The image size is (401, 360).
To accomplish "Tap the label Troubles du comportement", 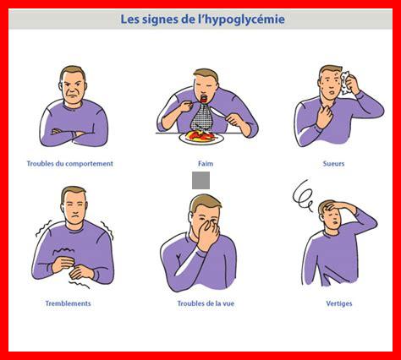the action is point(70,164).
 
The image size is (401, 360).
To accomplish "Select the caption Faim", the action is point(206,164).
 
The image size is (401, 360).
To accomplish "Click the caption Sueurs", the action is point(333,164).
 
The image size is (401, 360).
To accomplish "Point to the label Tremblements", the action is point(68,303).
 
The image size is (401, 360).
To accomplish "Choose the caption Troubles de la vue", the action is point(206,303).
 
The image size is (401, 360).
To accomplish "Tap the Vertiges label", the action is point(339,303).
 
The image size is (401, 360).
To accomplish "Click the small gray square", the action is point(200,180).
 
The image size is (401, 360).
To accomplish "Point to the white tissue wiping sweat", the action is point(345,82).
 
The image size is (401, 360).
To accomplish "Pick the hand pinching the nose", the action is point(208,234).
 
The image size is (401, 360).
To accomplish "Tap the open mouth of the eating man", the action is point(204,99).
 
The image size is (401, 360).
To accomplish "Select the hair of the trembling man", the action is point(73,193).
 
